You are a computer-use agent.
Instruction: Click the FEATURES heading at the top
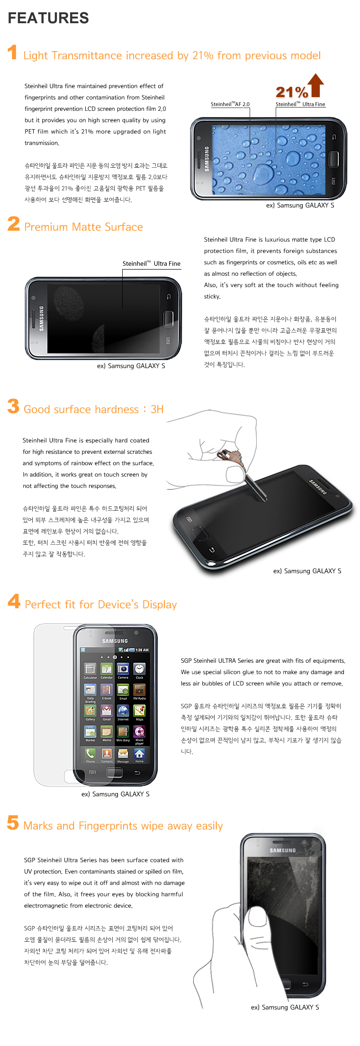(48, 18)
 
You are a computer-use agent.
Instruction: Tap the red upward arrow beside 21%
(316, 85)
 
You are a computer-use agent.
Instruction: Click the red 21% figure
(292, 92)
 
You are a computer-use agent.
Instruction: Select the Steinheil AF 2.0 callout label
(230, 104)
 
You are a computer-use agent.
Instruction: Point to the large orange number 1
(13, 52)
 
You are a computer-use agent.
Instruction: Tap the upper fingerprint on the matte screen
(69, 299)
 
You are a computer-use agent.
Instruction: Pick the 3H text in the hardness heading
(157, 409)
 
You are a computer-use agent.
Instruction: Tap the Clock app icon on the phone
(139, 668)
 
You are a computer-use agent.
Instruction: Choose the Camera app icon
(123, 668)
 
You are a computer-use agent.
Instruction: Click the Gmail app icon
(107, 710)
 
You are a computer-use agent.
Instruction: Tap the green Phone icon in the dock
(90, 753)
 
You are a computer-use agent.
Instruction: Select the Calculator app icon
(90, 668)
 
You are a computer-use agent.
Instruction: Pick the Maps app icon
(139, 710)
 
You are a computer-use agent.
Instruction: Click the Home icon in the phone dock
(139, 753)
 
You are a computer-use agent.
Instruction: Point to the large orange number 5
(13, 822)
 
